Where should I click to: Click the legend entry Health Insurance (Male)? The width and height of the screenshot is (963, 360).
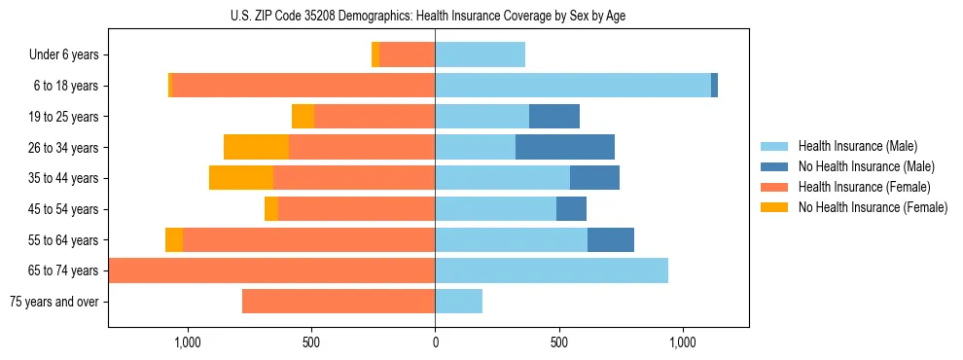tap(857, 146)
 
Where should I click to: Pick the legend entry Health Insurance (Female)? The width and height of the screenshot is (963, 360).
tap(864, 187)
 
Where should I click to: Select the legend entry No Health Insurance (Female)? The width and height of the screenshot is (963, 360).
tap(873, 207)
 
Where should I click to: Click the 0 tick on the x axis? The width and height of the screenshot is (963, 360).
tap(435, 342)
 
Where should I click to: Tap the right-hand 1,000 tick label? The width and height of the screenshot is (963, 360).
tap(682, 342)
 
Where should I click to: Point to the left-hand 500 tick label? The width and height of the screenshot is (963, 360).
tap(311, 342)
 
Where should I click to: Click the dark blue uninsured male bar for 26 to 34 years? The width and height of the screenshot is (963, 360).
tap(565, 148)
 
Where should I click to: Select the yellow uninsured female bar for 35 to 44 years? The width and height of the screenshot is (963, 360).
tap(241, 178)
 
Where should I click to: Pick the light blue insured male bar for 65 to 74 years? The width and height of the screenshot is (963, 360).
tap(552, 270)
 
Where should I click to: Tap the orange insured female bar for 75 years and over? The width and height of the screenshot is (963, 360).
tap(339, 302)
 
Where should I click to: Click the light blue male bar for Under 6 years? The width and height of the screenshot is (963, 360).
tap(480, 54)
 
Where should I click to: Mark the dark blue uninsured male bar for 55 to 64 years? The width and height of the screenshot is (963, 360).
tap(611, 239)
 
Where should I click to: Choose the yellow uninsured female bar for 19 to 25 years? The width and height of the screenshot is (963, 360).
tap(303, 117)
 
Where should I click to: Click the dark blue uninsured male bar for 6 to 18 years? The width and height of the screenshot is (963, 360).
tap(714, 86)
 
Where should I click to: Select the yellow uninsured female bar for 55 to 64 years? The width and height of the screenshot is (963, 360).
tap(174, 239)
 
